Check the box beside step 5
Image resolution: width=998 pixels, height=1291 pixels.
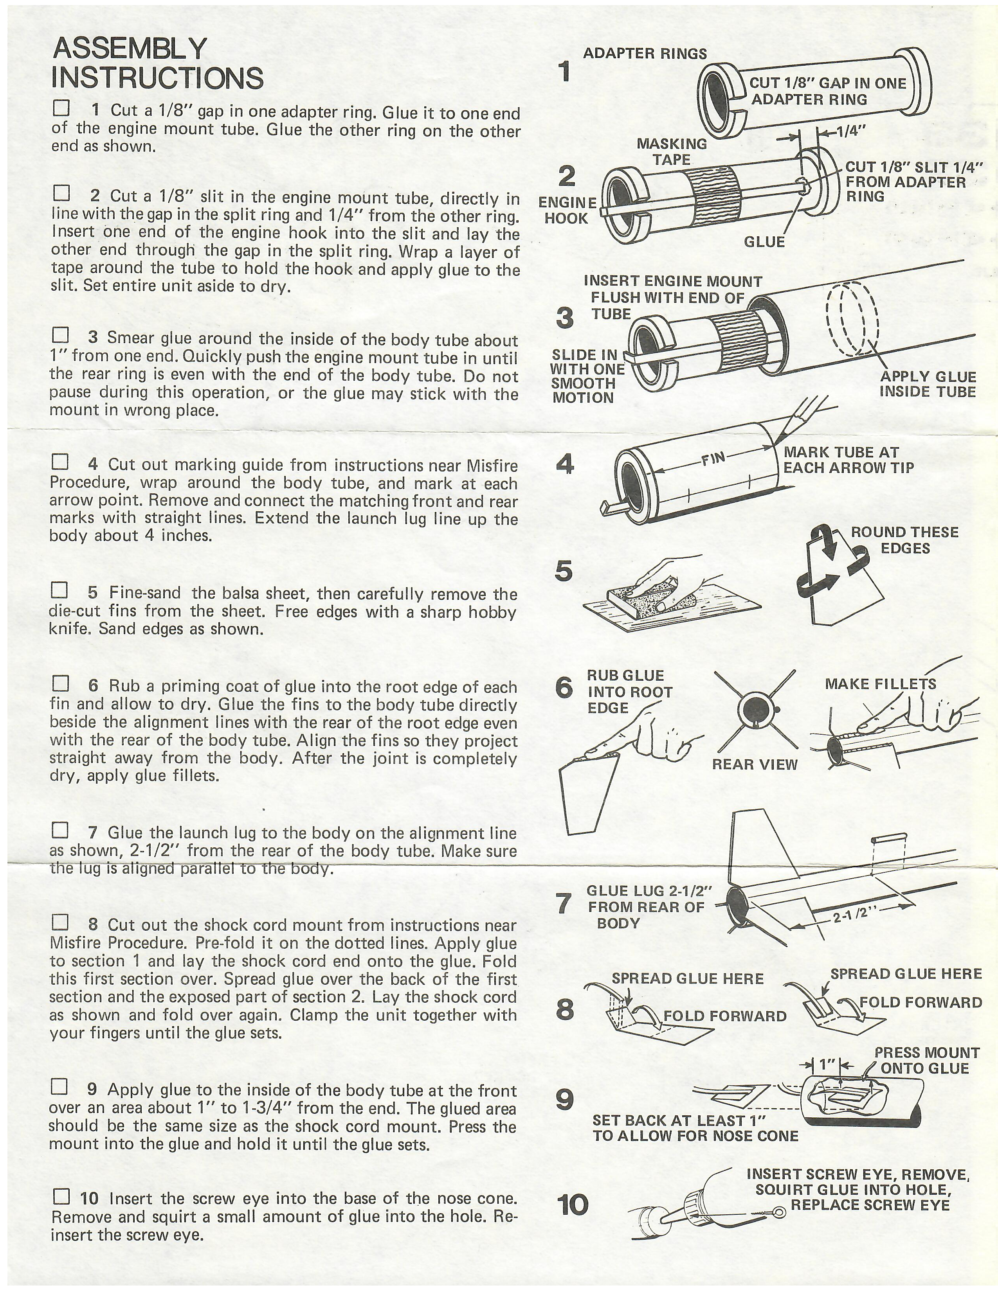pos(60,590)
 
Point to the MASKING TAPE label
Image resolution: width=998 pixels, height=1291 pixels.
pos(672,151)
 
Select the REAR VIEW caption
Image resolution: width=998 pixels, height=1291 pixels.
pos(755,764)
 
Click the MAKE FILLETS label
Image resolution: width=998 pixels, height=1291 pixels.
pos(880,684)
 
